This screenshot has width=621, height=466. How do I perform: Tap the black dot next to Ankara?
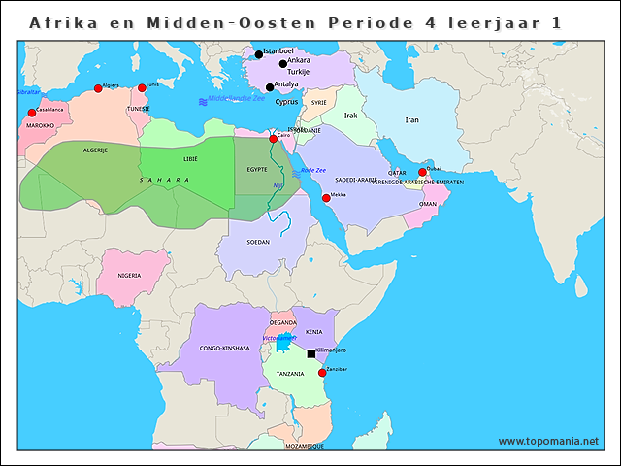tap(283, 64)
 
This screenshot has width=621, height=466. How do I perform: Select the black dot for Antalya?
tap(270, 87)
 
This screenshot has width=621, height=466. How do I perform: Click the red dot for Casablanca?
tap(31, 114)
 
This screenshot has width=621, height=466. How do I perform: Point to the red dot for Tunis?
tap(142, 88)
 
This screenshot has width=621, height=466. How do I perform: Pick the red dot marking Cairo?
tap(273, 139)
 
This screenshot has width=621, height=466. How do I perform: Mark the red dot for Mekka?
tap(326, 198)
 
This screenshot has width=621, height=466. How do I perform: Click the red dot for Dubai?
tap(422, 173)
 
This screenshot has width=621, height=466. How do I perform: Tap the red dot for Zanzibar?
tap(322, 373)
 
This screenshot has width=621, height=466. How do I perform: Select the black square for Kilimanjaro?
tap(311, 353)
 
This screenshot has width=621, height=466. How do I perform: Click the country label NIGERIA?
tap(130, 276)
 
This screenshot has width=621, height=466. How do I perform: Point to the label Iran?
tap(412, 120)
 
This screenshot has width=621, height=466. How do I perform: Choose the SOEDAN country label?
tap(259, 242)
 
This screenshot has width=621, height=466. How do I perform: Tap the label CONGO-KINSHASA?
tap(224, 348)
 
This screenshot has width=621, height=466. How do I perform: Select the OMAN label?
tap(428, 205)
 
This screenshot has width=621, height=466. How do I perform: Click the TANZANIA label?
tap(290, 374)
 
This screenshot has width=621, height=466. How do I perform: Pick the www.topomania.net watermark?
tap(548, 441)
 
